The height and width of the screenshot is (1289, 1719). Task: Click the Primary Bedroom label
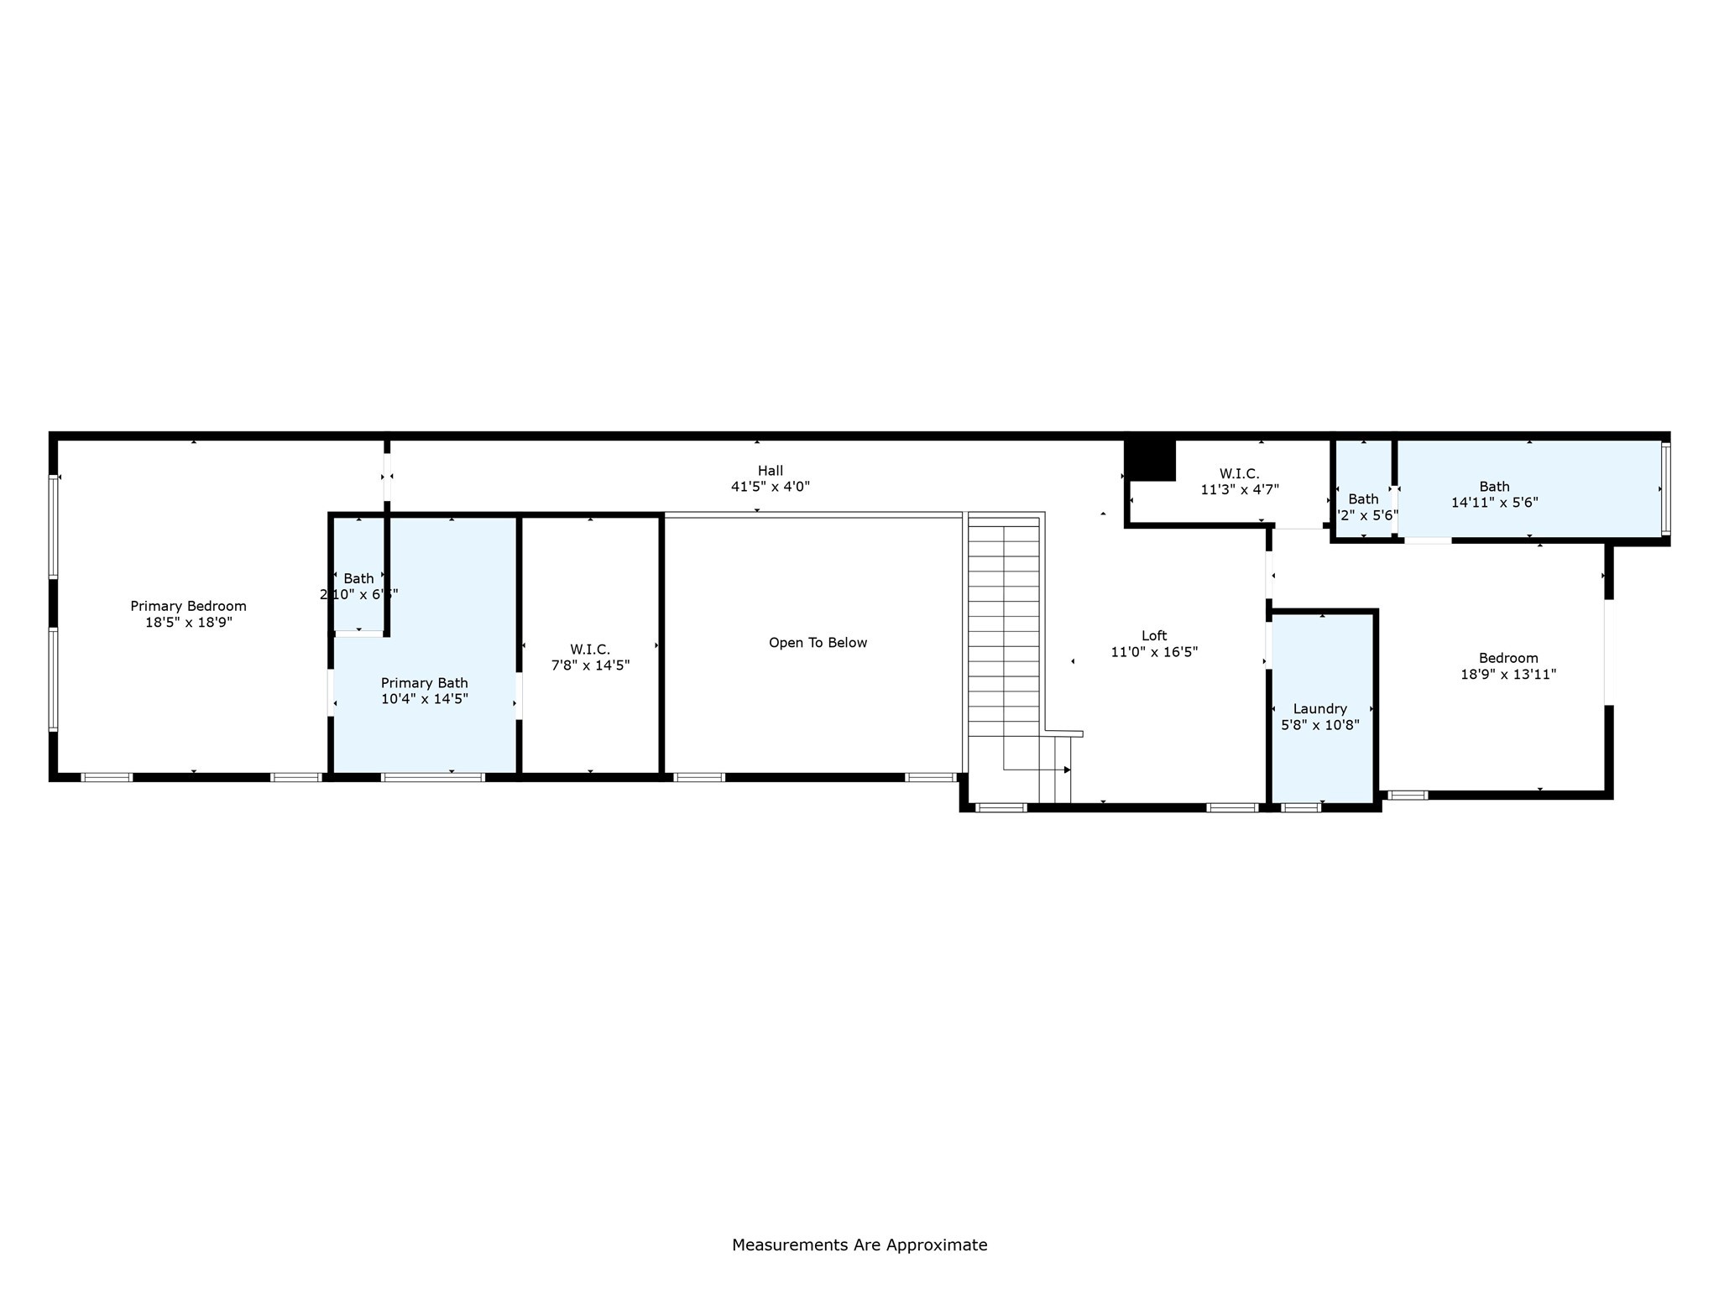(188, 606)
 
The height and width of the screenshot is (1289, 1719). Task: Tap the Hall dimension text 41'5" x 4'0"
(770, 487)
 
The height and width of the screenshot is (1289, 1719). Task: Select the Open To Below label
(818, 643)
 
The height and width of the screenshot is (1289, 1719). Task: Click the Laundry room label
(1319, 709)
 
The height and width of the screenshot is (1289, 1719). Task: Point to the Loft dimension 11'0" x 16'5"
(1154, 652)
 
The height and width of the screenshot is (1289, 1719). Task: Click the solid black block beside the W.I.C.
(1150, 461)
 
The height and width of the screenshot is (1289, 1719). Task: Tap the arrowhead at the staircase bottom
(1067, 770)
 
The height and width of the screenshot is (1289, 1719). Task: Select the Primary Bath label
(424, 683)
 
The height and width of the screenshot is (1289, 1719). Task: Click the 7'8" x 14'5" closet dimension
(590, 665)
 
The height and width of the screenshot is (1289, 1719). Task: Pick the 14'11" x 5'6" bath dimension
(1494, 503)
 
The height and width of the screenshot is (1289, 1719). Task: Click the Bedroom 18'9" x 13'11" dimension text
(1508, 674)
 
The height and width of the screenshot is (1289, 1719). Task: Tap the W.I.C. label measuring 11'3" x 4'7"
(1239, 474)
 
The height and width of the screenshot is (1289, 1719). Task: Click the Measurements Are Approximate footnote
(859, 1245)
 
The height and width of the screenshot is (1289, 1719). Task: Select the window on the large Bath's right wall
(1666, 488)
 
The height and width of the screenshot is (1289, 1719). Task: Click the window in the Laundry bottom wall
(1300, 807)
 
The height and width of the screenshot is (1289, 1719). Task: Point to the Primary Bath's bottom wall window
(433, 777)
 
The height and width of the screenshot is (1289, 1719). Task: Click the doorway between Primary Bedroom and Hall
(387, 477)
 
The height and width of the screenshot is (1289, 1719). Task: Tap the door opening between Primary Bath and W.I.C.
(519, 696)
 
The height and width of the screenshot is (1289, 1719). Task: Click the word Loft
(1154, 636)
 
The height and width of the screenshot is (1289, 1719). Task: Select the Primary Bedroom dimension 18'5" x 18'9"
(188, 623)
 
